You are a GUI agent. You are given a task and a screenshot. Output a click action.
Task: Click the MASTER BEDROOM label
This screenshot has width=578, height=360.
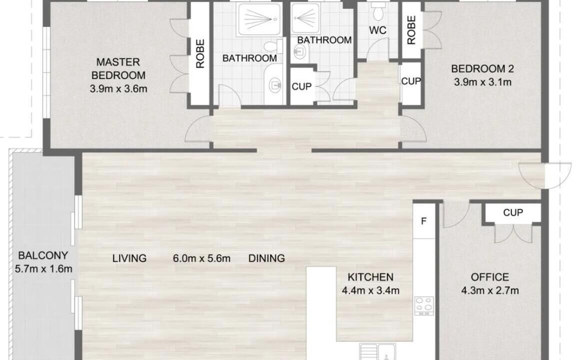click(x=118, y=68)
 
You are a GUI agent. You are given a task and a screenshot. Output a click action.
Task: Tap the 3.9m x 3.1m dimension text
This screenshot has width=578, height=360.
click(x=483, y=82)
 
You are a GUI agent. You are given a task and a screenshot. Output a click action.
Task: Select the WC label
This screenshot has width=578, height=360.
click(x=378, y=30)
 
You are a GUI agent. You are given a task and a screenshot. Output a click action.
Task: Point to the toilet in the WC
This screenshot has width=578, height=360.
click(x=378, y=11)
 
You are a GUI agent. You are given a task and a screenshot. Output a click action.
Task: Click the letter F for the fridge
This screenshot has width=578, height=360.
click(x=424, y=221)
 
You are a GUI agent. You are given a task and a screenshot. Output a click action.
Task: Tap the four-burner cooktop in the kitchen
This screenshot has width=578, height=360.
click(x=424, y=306)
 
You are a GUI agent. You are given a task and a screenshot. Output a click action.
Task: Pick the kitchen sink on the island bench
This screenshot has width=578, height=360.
click(x=378, y=352)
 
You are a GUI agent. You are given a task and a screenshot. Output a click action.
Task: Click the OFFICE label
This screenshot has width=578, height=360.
click(x=490, y=277)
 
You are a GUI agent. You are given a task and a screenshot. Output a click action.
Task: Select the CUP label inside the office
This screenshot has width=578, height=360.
click(x=513, y=212)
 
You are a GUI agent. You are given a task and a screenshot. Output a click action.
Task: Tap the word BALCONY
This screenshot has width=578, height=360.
click(x=43, y=255)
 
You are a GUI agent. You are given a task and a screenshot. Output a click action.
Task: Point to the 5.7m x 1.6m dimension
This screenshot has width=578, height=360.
click(x=43, y=269)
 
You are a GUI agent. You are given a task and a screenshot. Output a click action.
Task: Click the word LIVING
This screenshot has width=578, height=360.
click(x=129, y=258)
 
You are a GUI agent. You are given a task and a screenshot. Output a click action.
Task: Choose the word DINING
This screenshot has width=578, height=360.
click(x=266, y=258)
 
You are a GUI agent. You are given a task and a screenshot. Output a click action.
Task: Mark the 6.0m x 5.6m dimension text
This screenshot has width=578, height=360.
click(x=202, y=258)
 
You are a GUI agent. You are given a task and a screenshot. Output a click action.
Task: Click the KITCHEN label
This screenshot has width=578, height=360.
click(x=371, y=277)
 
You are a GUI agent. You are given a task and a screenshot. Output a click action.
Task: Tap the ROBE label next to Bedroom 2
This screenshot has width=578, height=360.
click(x=411, y=30)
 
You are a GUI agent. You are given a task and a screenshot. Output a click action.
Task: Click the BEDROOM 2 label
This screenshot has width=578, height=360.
click(x=483, y=68)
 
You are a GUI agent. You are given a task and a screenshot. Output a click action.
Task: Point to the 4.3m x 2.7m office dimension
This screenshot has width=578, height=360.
click(x=490, y=290)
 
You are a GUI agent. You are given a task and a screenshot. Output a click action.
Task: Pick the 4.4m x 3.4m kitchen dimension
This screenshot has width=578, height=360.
click(x=371, y=290)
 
